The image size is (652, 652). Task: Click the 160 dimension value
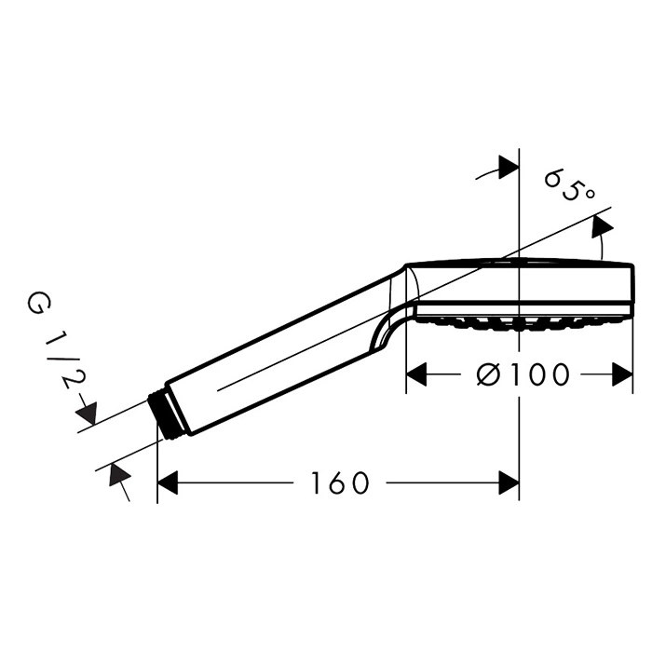point(340,482)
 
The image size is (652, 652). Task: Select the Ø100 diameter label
point(523,374)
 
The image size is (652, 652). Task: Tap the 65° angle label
point(570,185)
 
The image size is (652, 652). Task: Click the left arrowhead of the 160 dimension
point(168,482)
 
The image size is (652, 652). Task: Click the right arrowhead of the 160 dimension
point(509,482)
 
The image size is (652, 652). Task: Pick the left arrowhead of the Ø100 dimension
point(416,374)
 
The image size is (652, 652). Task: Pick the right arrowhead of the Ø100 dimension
point(622,374)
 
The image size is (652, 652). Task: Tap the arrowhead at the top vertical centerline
point(509,168)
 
